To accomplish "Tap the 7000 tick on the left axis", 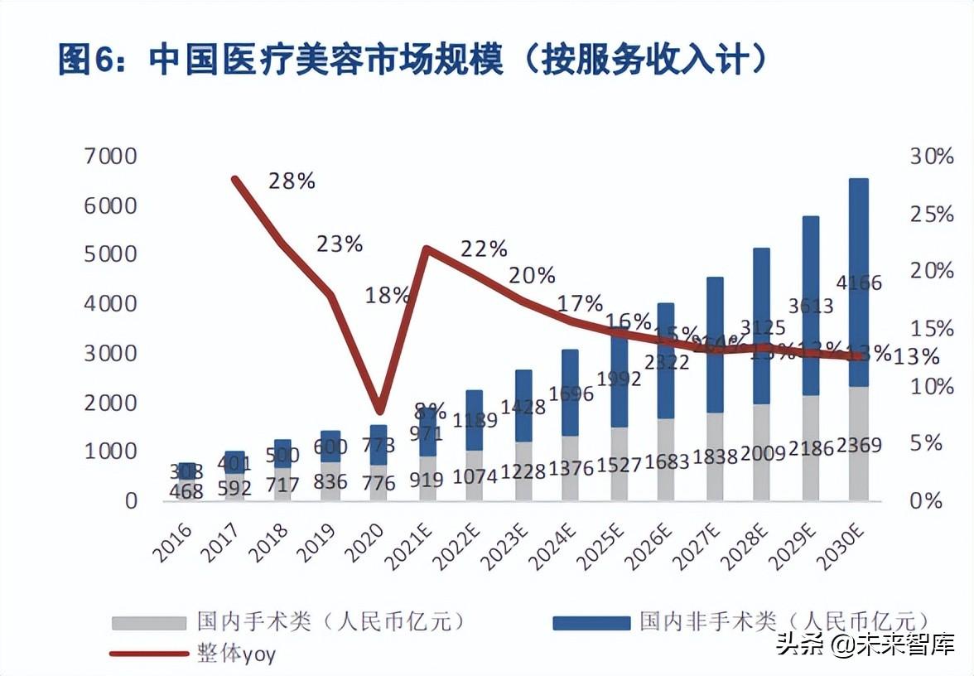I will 110,156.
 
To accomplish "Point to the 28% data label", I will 292,181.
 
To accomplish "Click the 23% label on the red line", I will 340,244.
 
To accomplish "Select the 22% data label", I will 484,248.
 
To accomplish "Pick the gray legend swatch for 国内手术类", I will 149,621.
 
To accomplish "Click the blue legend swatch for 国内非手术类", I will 591,621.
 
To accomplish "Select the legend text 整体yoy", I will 236,654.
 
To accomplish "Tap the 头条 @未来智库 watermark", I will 865,644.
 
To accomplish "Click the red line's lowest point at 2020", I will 379,411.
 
